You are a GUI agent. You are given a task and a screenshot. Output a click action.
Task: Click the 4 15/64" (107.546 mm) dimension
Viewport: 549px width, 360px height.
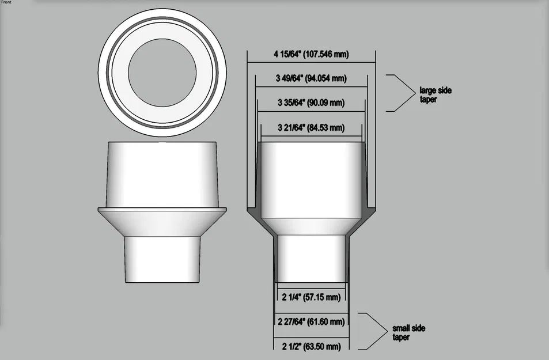pyautogui.click(x=311, y=55)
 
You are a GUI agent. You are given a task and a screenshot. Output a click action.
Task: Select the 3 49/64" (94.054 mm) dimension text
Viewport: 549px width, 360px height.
pyautogui.click(x=311, y=79)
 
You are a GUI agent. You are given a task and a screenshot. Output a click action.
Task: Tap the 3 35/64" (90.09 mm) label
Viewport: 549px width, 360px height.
pyautogui.click(x=311, y=103)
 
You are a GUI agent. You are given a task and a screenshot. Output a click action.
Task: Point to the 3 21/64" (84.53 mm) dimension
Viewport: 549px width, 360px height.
pyautogui.click(x=311, y=127)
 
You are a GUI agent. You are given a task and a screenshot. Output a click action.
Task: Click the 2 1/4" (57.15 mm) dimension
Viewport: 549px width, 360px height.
pyautogui.click(x=311, y=297)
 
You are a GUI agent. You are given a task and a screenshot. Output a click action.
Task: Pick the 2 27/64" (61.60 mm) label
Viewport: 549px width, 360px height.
pyautogui.click(x=311, y=321)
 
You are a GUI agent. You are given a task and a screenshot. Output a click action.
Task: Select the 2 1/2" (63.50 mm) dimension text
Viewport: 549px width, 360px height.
pyautogui.click(x=311, y=346)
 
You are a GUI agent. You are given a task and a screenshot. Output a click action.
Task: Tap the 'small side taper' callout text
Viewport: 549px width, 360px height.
pyautogui.click(x=408, y=332)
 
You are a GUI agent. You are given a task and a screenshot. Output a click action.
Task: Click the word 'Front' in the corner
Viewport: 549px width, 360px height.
pyautogui.click(x=6, y=3)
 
